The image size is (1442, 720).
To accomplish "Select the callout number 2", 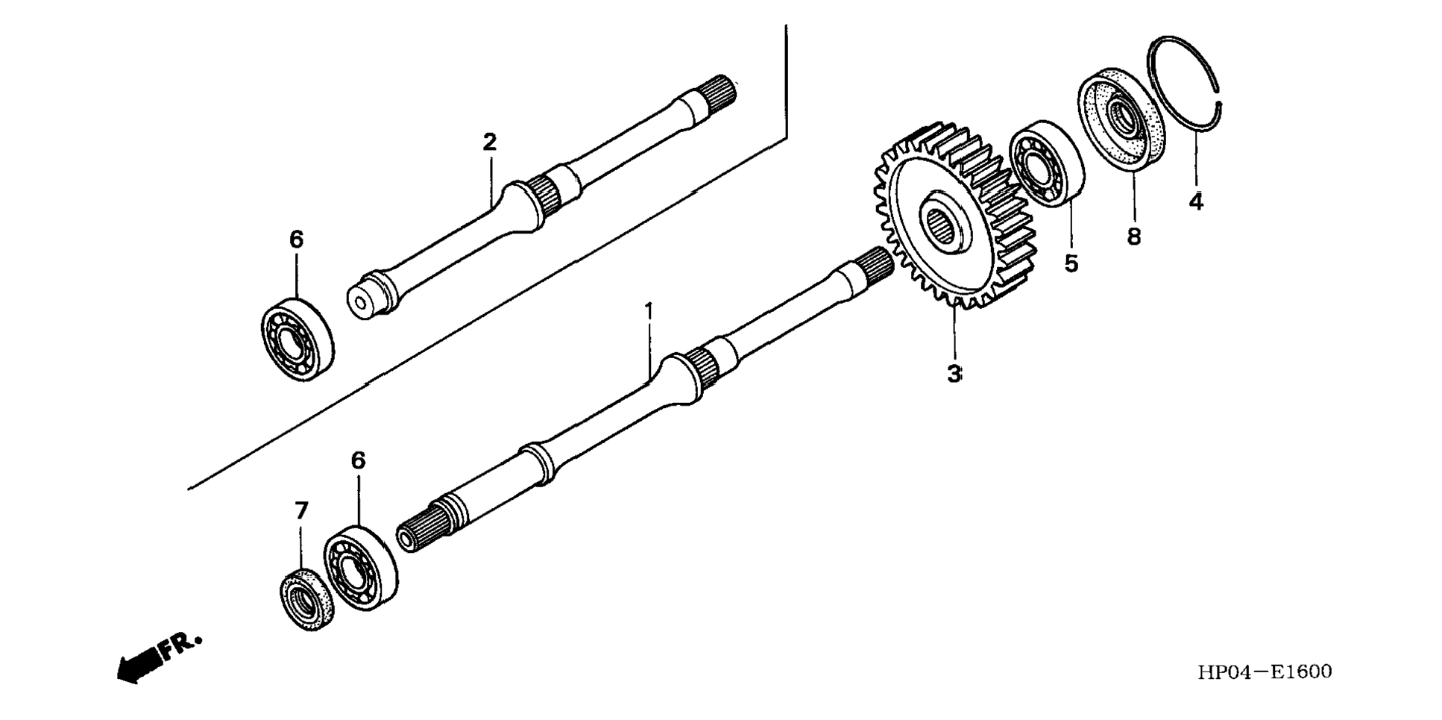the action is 489,142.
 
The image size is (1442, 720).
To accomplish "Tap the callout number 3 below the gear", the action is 954,374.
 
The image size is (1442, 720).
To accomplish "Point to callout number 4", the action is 1195,201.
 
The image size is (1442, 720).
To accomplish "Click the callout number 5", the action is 1071,263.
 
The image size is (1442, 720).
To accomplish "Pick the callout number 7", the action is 300,511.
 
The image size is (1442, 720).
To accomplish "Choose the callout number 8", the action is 1133,237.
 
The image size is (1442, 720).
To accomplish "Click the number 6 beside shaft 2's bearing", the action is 296,240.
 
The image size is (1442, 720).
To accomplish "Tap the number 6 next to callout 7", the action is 358,461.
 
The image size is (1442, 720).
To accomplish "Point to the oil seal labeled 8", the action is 1121,119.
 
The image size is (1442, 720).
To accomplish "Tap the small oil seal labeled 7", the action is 306,598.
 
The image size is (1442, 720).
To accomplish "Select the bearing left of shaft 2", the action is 297,339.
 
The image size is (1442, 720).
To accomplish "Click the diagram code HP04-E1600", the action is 1265,672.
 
